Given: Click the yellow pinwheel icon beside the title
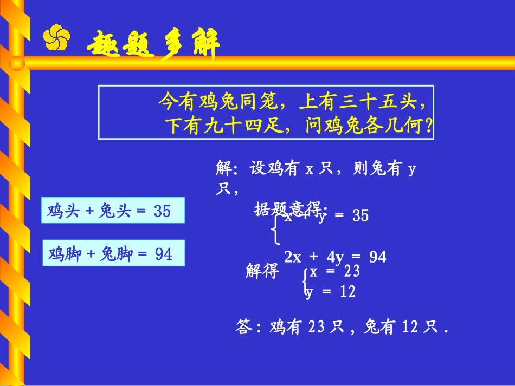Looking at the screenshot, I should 56,38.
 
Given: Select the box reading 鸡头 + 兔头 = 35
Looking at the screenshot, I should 113,211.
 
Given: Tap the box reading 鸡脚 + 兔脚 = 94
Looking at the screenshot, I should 113,253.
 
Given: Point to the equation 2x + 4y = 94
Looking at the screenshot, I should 335,257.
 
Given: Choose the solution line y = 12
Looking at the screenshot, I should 330,292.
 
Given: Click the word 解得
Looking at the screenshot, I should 262,271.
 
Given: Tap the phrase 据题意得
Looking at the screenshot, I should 289,208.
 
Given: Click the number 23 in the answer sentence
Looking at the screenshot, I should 317,327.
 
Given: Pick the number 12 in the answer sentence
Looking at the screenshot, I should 411,327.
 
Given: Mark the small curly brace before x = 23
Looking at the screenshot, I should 306,282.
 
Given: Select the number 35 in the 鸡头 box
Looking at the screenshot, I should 162,211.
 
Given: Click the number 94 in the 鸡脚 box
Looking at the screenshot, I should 163,253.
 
